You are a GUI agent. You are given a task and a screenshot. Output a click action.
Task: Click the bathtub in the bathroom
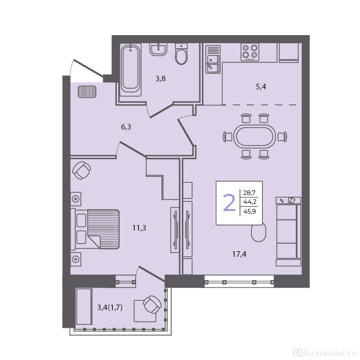(x=131, y=70)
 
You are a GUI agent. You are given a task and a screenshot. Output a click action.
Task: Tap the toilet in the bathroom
(x=181, y=54)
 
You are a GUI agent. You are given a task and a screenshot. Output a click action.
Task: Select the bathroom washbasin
(x=158, y=49)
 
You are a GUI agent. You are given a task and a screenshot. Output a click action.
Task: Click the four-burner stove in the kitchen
(x=250, y=52)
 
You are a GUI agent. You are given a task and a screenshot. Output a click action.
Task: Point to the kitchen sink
(x=213, y=59)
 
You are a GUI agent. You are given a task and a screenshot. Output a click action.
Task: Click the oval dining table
(x=255, y=137)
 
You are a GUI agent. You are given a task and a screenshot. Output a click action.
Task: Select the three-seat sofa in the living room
(x=288, y=231)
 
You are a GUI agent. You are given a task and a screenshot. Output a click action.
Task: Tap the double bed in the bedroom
(x=95, y=229)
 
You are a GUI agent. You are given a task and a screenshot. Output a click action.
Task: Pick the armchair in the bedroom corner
(x=82, y=170)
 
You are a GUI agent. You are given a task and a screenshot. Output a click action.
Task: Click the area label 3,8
(x=161, y=79)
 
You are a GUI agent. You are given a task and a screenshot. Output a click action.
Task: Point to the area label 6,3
(x=126, y=127)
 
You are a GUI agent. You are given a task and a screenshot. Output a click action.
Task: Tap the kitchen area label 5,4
(x=261, y=87)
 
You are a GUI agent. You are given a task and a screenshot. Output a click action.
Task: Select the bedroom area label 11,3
(x=139, y=228)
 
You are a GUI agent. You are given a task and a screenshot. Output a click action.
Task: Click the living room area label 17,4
(x=239, y=254)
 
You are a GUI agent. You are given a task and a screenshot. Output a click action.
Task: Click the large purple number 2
(x=229, y=202)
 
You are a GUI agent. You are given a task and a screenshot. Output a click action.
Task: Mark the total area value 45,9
(x=250, y=211)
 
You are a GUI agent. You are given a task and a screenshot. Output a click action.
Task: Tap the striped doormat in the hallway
(x=87, y=91)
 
